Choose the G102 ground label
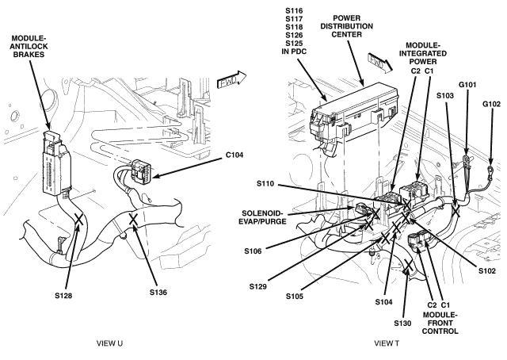click(491, 104)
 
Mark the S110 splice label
click(266, 184)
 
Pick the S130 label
click(403, 324)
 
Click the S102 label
click(487, 270)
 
